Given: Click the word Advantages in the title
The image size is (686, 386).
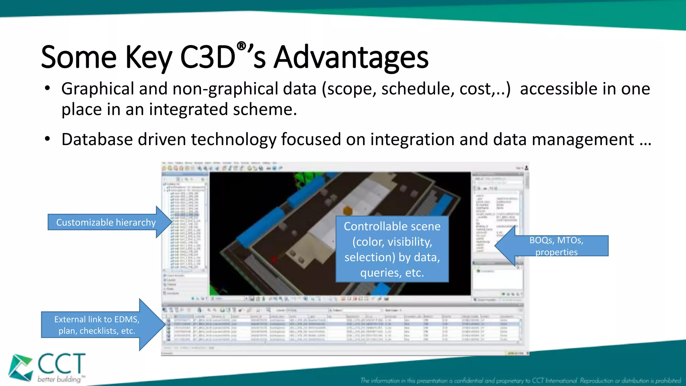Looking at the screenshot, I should pyautogui.click(x=351, y=58).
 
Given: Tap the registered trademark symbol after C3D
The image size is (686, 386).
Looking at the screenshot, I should pyautogui.click(x=242, y=46).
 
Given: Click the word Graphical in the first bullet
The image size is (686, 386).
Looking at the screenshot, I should pyautogui.click(x=97, y=89).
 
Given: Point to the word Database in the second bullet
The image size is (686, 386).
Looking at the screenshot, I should pyautogui.click(x=97, y=139).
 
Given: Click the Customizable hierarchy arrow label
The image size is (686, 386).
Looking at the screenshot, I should pyautogui.click(x=106, y=222).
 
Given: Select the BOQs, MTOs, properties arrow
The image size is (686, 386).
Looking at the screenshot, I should pyautogui.click(x=556, y=246).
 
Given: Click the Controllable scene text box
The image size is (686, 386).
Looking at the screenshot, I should pyautogui.click(x=392, y=249).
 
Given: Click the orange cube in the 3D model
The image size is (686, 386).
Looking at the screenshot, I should pyautogui.click(x=348, y=211).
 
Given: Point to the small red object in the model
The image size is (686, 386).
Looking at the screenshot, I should pyautogui.click(x=274, y=259).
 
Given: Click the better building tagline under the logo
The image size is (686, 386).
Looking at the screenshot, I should pyautogui.click(x=60, y=379).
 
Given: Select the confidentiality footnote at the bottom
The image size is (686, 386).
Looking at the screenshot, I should pyautogui.click(x=521, y=381).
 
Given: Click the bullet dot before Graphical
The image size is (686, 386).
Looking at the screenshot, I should pyautogui.click(x=48, y=88).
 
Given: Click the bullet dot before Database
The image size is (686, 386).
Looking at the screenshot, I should pyautogui.click(x=48, y=139).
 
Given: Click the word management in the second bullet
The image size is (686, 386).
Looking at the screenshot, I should pyautogui.click(x=583, y=139).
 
